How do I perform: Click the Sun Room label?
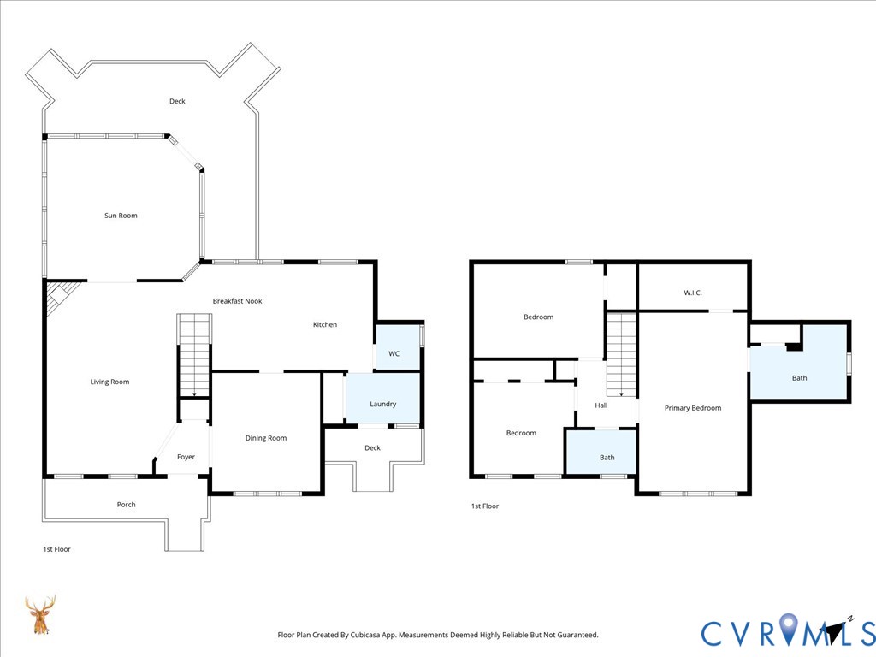(x=121, y=216)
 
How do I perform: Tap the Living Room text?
(x=109, y=382)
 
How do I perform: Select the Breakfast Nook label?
(x=237, y=301)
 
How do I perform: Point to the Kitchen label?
(x=325, y=324)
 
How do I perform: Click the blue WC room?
(x=394, y=351)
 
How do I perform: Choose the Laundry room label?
(x=382, y=404)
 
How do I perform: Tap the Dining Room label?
(x=266, y=438)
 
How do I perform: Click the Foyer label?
(x=186, y=457)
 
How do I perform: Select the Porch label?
(x=126, y=505)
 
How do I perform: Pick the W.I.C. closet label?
(x=693, y=293)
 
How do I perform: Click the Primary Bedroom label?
(x=693, y=408)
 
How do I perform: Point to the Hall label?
(x=601, y=405)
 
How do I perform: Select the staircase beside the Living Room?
(x=193, y=355)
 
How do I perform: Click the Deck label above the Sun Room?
(x=177, y=101)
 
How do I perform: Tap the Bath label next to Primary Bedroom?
(x=799, y=378)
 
